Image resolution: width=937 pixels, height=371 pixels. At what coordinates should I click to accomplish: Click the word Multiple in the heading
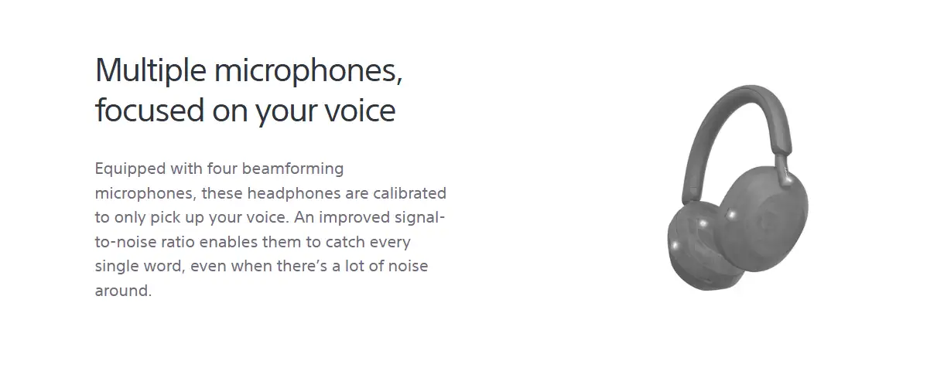point(151,70)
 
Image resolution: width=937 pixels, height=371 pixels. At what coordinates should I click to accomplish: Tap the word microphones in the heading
point(308,70)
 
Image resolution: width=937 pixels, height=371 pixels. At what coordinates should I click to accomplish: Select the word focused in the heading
point(149,110)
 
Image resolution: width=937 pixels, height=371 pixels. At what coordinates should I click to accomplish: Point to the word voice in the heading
point(360,111)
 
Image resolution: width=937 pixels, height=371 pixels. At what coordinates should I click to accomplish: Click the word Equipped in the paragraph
point(130,169)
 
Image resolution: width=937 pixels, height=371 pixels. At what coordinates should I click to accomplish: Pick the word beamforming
point(292,168)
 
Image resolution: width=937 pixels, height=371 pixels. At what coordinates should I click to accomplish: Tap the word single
point(116,267)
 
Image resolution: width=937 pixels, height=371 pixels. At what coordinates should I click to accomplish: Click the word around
point(123,291)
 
